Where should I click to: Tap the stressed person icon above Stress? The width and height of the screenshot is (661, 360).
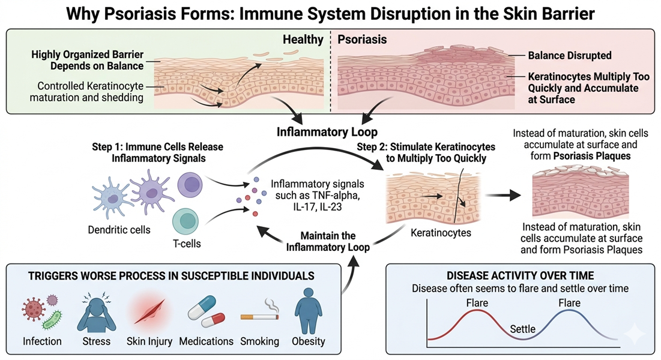coord(96,313)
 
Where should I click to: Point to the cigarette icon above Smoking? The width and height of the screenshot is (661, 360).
coord(259,313)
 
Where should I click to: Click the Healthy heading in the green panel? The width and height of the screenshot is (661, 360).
coord(303,40)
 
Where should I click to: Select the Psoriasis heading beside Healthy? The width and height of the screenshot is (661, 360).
coord(362,40)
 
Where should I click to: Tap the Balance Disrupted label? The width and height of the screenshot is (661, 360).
coord(569,55)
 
